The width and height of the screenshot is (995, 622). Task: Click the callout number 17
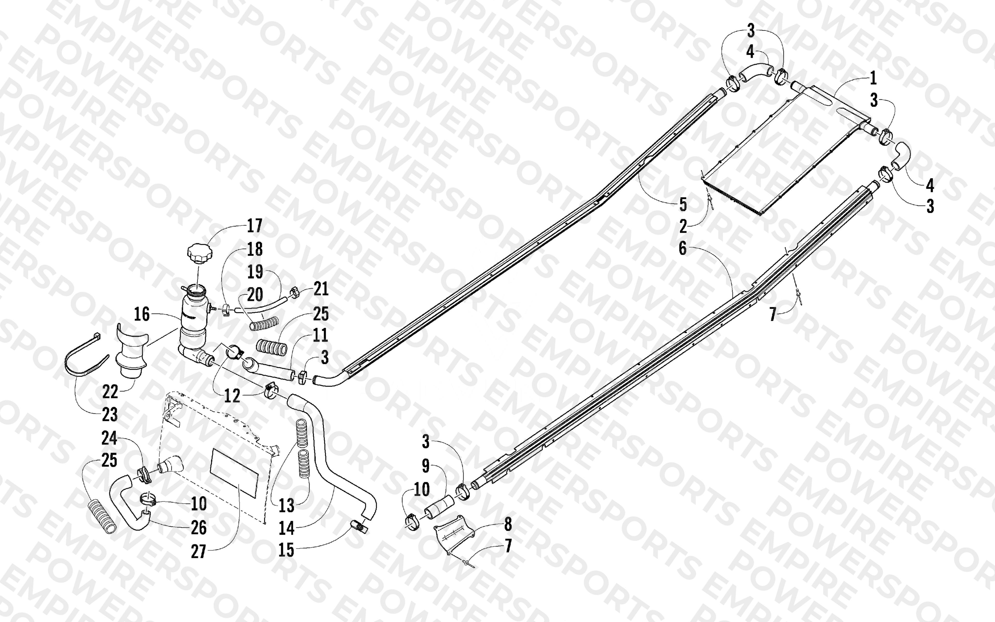[254, 226]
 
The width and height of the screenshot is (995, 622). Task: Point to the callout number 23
[110, 415]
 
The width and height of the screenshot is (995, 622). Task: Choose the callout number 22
[110, 392]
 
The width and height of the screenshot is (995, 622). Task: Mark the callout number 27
[198, 551]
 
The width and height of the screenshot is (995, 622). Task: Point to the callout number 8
[508, 524]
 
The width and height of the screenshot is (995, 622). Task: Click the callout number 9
[425, 466]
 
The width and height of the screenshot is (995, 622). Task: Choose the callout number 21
[321, 289]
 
